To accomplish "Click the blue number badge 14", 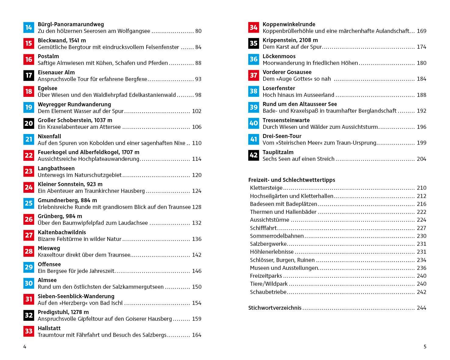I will [29, 27].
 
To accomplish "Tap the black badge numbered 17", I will [29, 75].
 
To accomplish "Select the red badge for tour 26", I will [29, 219].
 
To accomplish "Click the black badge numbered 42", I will [253, 155].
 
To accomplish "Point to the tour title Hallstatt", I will [49, 328].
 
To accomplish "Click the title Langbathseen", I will [56, 168].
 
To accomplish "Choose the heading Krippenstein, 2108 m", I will [290, 40].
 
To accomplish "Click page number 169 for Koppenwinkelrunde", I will [421, 31].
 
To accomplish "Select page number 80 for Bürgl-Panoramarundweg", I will [198, 31].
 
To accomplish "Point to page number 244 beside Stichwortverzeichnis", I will [421, 308].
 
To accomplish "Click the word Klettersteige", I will [266, 188].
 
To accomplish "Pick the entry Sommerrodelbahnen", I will [277, 236].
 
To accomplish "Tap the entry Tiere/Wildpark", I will [269, 284].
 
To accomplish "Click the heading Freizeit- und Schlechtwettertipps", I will [292, 180].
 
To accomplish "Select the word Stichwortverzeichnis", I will [275, 308].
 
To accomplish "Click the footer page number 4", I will [25, 347].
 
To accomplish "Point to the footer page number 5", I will [425, 347].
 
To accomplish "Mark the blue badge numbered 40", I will [253, 123].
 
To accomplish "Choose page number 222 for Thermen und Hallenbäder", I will [421, 212].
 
